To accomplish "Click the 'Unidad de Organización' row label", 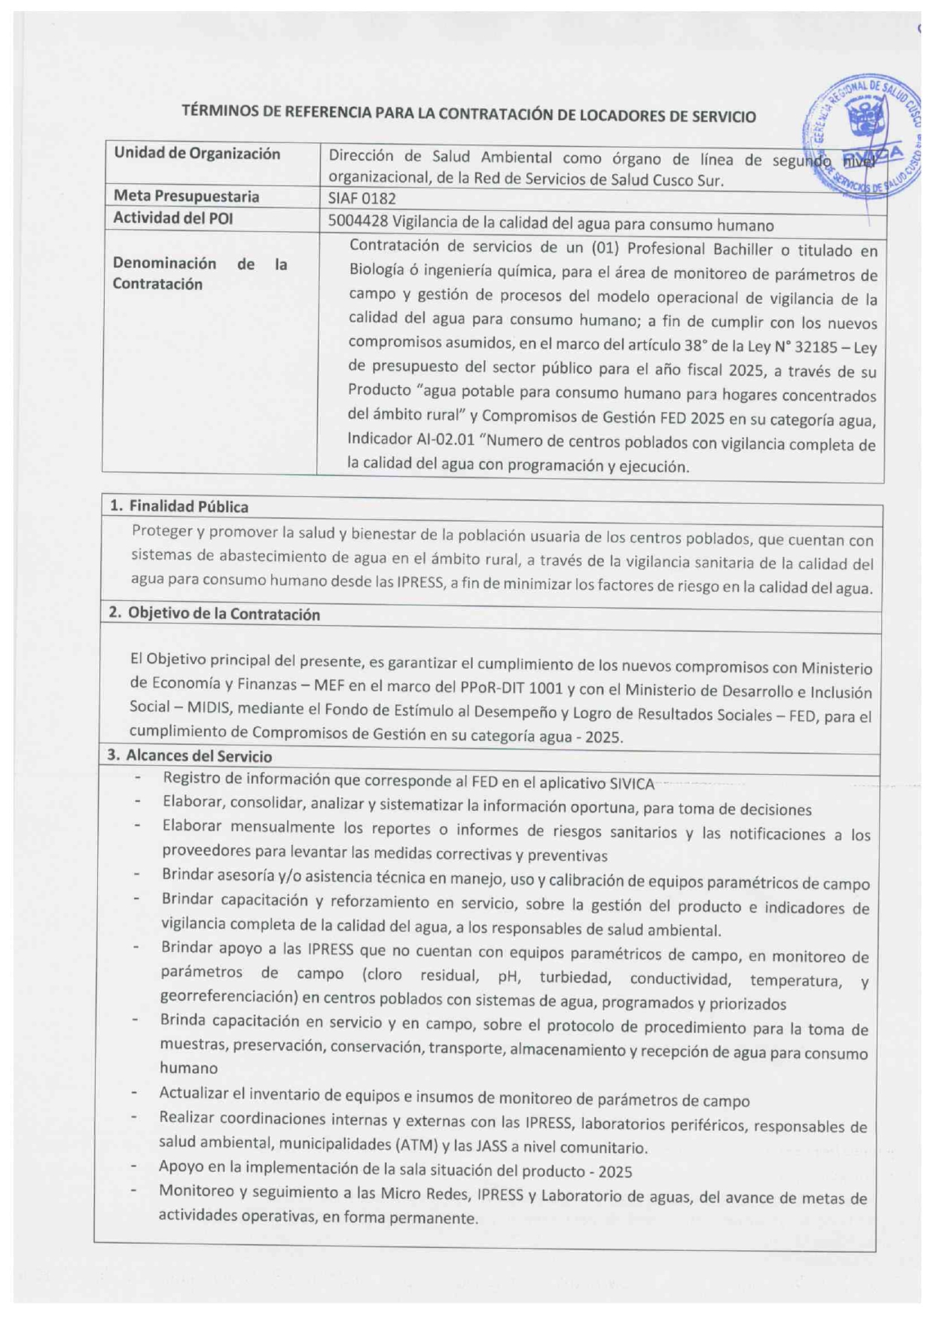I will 197,154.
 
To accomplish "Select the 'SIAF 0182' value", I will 362,199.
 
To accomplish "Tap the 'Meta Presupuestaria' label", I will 186,197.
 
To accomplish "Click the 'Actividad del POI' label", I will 172,218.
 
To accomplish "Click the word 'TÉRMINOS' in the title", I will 218,111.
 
